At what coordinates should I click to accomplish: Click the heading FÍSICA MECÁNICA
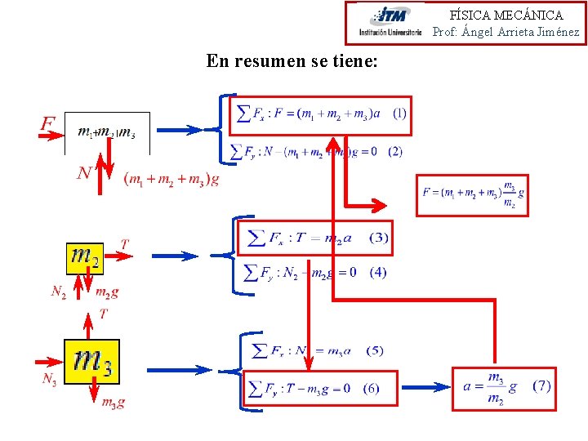[x=506, y=15]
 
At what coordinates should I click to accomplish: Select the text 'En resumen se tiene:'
[x=292, y=61]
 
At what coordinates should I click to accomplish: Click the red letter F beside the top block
[x=48, y=124]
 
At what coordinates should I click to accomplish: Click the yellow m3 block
[x=91, y=361]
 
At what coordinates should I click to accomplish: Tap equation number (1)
[x=399, y=112]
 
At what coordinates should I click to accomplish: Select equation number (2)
[x=395, y=151]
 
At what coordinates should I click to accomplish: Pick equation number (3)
[x=378, y=238]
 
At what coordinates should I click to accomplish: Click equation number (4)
[x=377, y=272]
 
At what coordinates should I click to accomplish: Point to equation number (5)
[x=374, y=350]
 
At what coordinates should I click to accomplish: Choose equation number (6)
[x=371, y=388]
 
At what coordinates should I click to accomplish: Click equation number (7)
[x=541, y=385]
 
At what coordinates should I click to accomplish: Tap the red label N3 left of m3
[x=50, y=379]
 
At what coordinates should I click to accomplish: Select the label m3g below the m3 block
[x=113, y=402]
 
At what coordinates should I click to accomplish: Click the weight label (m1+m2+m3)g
[x=171, y=180]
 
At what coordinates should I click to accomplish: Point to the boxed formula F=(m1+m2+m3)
[x=472, y=194]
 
